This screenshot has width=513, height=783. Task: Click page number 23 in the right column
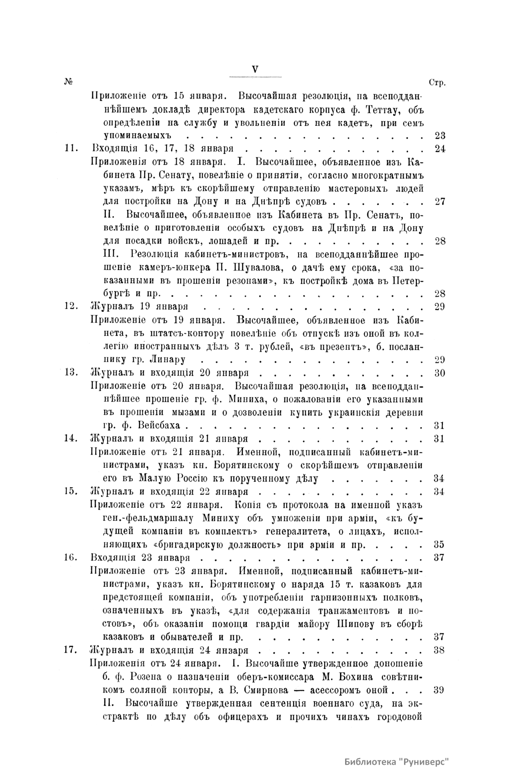coord(440,136)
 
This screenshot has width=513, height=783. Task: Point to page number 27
coord(440,201)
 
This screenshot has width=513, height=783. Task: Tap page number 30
coord(440,373)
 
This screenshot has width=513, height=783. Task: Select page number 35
coord(440,544)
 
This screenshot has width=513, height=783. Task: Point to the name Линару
coord(164,359)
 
